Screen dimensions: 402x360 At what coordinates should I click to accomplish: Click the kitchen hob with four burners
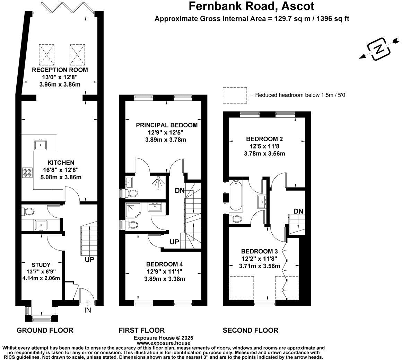(27, 172)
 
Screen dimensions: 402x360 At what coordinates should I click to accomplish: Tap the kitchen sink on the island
(40, 144)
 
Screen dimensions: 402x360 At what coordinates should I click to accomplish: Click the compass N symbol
(379, 49)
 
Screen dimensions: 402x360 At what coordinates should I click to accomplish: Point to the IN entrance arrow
(87, 304)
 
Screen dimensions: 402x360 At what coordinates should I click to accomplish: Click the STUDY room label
(41, 265)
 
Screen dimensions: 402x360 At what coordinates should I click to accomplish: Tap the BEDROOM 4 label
(164, 264)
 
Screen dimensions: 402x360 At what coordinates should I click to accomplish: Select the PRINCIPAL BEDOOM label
(167, 125)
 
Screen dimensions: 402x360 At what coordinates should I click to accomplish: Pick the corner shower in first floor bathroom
(133, 210)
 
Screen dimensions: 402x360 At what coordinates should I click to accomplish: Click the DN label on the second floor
(298, 211)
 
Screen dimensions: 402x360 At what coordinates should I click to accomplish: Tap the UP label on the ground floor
(89, 260)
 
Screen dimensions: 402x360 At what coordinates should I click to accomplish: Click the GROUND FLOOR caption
(45, 330)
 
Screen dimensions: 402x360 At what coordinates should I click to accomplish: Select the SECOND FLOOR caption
(251, 330)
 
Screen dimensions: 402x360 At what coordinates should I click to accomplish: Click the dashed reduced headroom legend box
(235, 96)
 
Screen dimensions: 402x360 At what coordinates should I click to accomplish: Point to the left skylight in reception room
(47, 55)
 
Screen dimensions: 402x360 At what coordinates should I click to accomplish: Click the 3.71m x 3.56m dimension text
(260, 266)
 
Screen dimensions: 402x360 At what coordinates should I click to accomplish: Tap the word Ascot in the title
(298, 6)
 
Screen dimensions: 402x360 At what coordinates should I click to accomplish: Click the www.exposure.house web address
(164, 343)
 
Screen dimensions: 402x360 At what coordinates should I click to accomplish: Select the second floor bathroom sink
(262, 201)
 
